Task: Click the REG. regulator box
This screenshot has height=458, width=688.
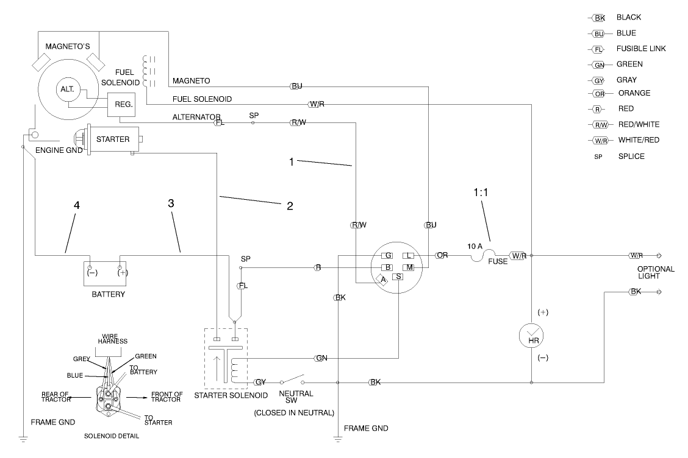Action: pos(120,104)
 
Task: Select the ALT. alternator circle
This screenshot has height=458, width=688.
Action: pos(66,88)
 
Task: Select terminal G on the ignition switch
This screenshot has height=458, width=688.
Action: pos(387,256)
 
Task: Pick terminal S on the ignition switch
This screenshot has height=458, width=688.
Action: pos(398,277)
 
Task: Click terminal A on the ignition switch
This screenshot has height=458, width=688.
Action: pos(382,280)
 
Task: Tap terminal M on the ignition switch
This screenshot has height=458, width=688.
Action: pos(410,267)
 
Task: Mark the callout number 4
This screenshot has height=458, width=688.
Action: pos(77,205)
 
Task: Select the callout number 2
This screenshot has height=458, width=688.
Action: pos(290,206)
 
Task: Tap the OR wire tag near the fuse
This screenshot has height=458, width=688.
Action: pos(442,255)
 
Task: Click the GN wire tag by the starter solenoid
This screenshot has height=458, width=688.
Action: pos(321,358)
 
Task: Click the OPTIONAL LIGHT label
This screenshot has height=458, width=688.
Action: pos(656,272)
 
